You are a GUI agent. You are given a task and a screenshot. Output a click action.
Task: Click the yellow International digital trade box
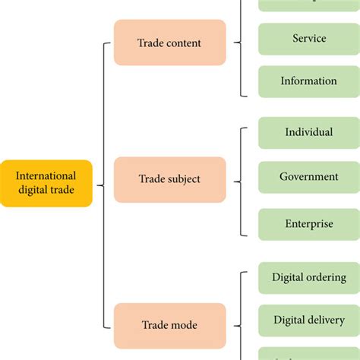tap(46, 183)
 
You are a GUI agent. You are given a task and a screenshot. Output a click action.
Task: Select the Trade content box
tap(169, 43)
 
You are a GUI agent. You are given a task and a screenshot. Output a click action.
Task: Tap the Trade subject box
tap(169, 179)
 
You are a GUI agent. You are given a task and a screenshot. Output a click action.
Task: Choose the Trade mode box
tap(169, 325)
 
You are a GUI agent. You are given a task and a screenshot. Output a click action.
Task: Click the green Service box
tap(308, 39)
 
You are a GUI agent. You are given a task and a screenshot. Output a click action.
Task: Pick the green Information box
tap(308, 81)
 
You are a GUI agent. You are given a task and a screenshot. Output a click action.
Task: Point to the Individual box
tap(308, 132)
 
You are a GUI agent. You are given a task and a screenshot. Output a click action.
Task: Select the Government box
tap(308, 176)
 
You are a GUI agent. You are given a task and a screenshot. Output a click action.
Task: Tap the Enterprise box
tap(308, 224)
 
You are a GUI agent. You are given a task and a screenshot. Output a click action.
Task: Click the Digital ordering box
tap(308, 277)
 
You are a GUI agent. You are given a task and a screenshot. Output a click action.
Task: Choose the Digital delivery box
tap(308, 320)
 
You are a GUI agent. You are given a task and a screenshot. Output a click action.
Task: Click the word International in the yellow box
tap(47, 176)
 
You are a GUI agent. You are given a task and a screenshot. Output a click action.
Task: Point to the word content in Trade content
tap(185, 43)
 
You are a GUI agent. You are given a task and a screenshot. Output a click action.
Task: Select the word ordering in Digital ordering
tap(327, 278)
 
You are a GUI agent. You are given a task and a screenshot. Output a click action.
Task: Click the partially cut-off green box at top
tap(308, 5)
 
